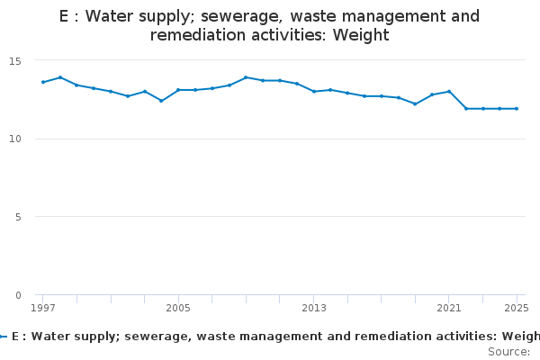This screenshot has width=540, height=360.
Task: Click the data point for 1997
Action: coord(43,82)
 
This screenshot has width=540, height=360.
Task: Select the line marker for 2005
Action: coord(178,90)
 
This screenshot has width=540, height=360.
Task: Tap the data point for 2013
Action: coord(314,92)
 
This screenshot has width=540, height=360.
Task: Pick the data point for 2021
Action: coord(449,92)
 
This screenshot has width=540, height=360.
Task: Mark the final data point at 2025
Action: coord(517,109)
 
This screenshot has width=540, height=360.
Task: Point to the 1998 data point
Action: coord(60,77)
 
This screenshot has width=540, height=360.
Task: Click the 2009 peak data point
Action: coord(246,77)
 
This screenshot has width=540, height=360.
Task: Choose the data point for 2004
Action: coord(161,101)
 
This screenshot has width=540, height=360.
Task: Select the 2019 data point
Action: coord(415,104)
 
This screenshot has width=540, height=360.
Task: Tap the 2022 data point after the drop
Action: coord(466,109)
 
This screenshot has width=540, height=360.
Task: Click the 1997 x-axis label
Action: coord(43,308)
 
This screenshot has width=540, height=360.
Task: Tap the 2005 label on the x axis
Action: coord(178,308)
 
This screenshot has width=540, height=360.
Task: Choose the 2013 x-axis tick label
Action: coord(314,308)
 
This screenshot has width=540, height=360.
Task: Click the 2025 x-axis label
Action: coord(517,308)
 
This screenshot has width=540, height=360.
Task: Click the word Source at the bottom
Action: coord(507,351)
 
